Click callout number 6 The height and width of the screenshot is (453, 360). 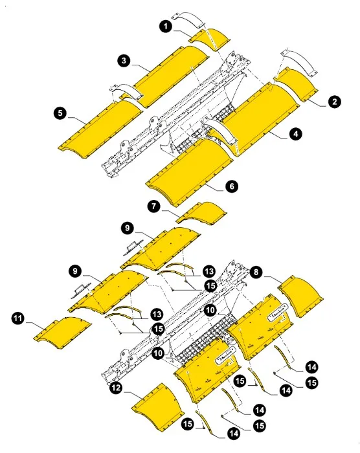click(x=231, y=186)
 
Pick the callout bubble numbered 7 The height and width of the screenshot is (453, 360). click(x=153, y=207)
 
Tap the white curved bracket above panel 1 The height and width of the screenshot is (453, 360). click(x=188, y=16)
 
